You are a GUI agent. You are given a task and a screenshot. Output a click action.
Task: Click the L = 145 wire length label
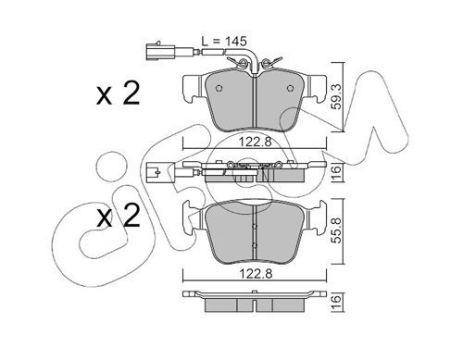point(224,41)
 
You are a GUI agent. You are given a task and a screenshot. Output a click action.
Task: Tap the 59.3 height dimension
point(337,97)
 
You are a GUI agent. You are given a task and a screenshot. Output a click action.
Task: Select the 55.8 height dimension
point(337,230)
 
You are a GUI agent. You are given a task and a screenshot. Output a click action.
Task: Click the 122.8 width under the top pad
point(255,142)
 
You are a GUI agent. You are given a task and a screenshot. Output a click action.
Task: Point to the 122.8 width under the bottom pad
point(255,273)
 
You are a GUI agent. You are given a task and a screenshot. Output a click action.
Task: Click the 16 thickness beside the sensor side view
point(337,170)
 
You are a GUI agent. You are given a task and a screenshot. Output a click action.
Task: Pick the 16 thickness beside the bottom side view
point(337,299)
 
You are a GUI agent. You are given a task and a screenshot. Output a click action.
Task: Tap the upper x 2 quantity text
point(118,93)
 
